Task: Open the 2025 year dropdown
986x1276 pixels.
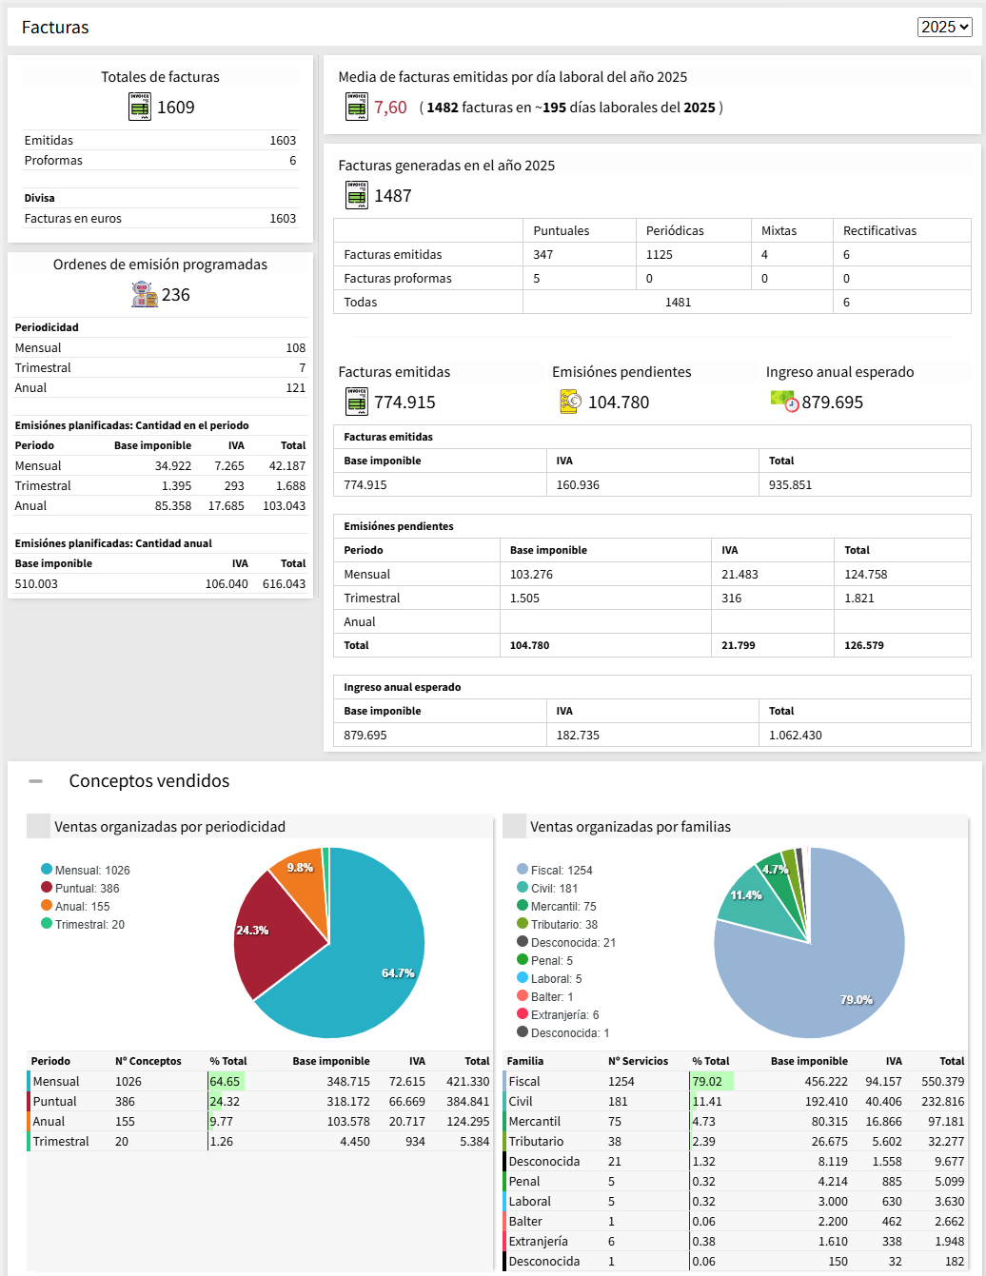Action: (944, 27)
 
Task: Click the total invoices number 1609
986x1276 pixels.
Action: (176, 108)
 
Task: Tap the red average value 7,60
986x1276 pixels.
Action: (390, 108)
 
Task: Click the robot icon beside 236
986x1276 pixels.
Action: (144, 294)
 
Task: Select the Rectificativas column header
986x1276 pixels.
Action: (879, 230)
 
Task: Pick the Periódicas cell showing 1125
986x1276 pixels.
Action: (660, 254)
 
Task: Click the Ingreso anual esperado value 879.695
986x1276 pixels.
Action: (832, 402)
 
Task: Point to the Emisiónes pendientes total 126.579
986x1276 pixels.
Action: (864, 645)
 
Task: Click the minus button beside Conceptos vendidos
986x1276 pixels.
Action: (36, 781)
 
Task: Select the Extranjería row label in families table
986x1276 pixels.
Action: (538, 1242)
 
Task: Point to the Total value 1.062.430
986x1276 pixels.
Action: (796, 736)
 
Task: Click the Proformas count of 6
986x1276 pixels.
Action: (293, 161)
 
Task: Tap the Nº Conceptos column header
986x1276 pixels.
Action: (148, 1061)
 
